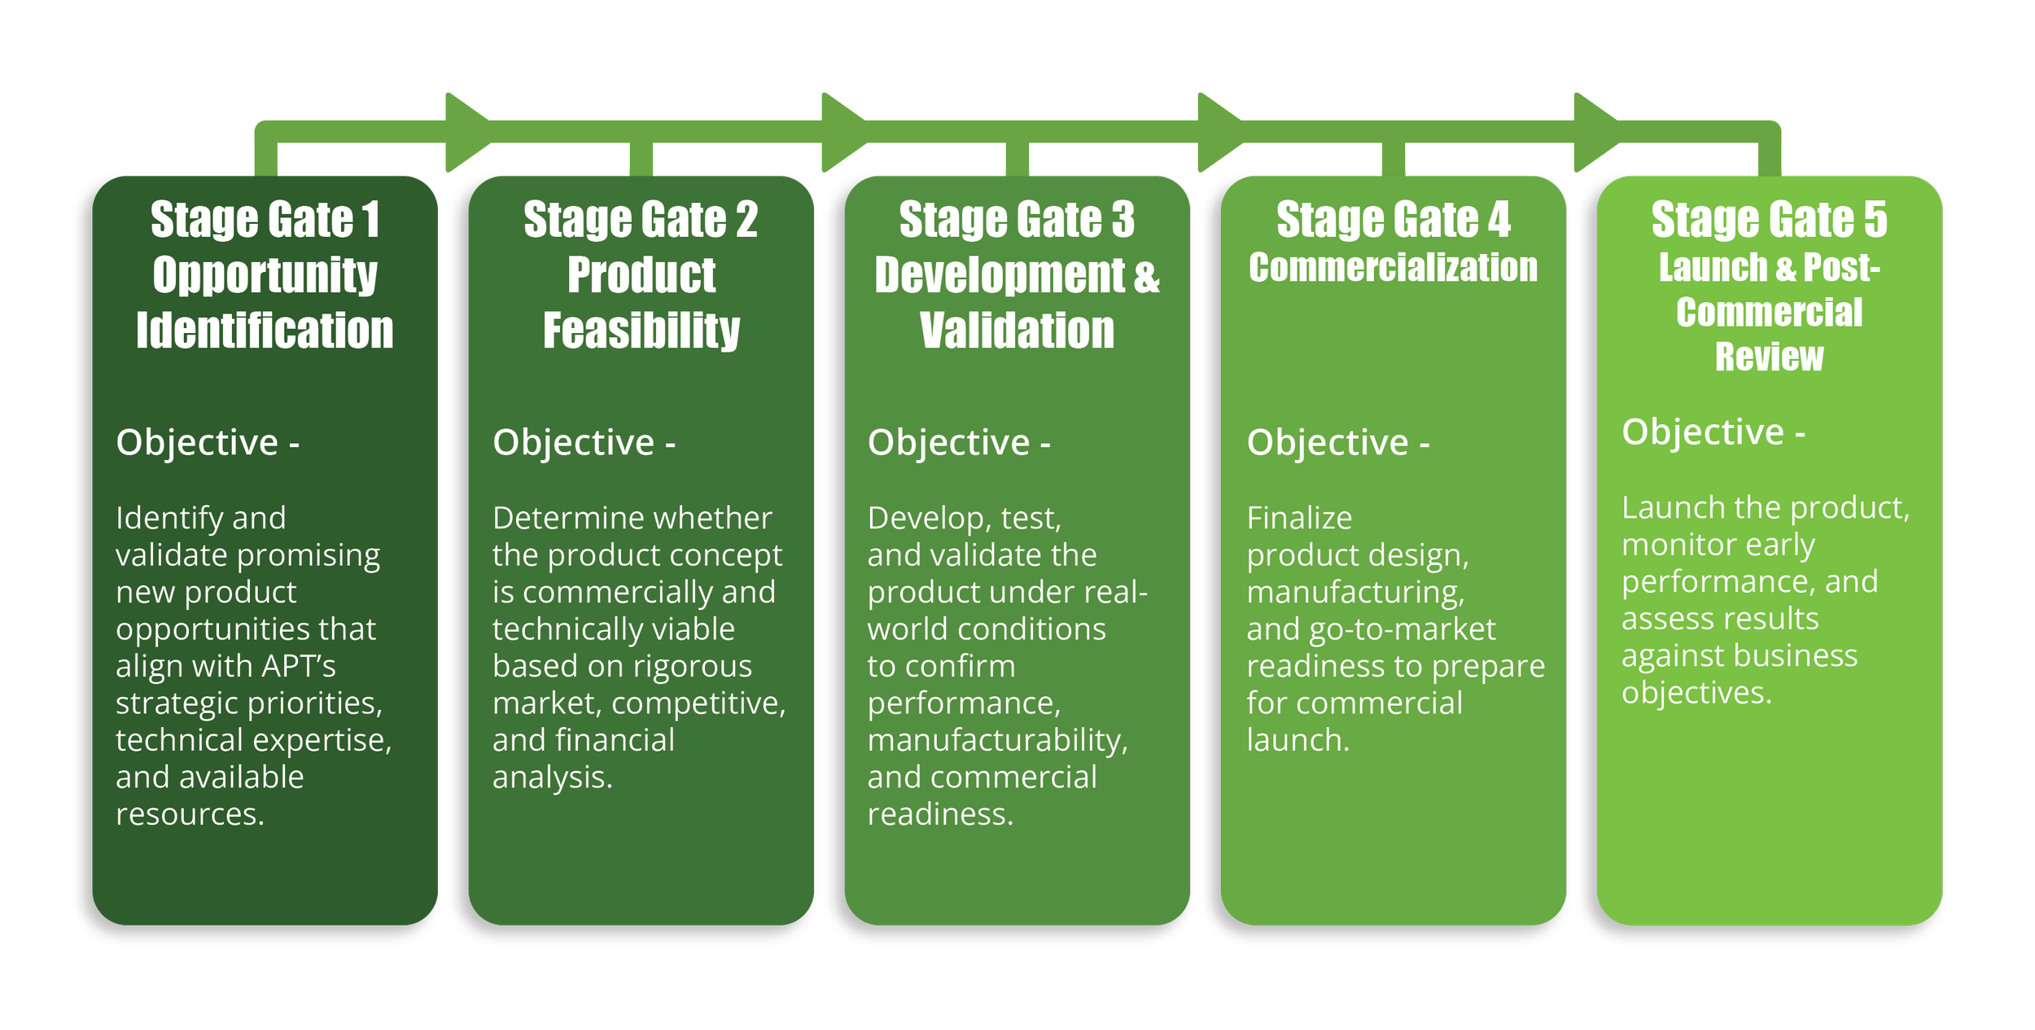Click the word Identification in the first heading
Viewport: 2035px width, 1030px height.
(265, 331)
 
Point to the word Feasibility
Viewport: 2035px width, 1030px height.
(641, 331)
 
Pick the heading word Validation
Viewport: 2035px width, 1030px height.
(1017, 331)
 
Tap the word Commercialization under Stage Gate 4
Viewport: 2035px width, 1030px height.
(1393, 268)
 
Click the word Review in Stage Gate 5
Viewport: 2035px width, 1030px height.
(1769, 357)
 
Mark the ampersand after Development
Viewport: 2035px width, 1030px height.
(1146, 275)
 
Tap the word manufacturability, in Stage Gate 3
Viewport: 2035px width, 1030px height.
(997, 740)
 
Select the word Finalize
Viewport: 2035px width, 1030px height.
(1299, 518)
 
